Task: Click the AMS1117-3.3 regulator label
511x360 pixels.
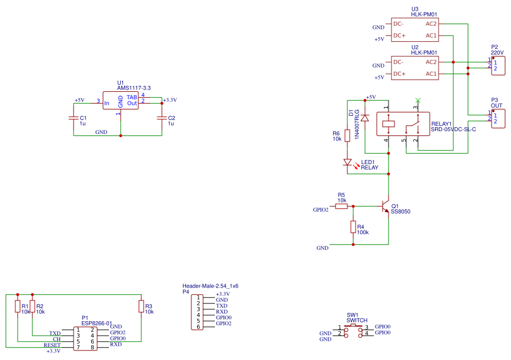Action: (134, 88)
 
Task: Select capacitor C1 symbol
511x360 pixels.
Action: (74, 118)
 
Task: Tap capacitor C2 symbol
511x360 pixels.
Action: (162, 118)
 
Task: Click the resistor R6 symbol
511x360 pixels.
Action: (347, 135)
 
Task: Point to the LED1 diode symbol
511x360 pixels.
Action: (348, 162)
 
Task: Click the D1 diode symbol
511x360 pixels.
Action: (365, 118)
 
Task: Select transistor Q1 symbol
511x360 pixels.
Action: (385, 206)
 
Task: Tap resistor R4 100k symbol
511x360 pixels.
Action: (353, 227)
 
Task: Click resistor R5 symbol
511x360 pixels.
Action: (341, 206)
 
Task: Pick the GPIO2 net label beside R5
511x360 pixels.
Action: (321, 210)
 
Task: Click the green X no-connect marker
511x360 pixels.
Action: (418, 100)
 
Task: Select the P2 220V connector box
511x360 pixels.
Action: (498, 66)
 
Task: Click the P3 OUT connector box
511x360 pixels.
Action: (498, 118)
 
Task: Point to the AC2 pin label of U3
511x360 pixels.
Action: (431, 24)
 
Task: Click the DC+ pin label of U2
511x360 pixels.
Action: (399, 74)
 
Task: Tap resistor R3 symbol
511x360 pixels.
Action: (141, 306)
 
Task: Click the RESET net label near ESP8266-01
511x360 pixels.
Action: (52, 345)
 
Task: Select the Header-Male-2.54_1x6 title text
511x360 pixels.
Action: (210, 286)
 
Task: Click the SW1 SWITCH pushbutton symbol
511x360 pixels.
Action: (353, 330)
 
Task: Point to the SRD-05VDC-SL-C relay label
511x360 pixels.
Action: (453, 129)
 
